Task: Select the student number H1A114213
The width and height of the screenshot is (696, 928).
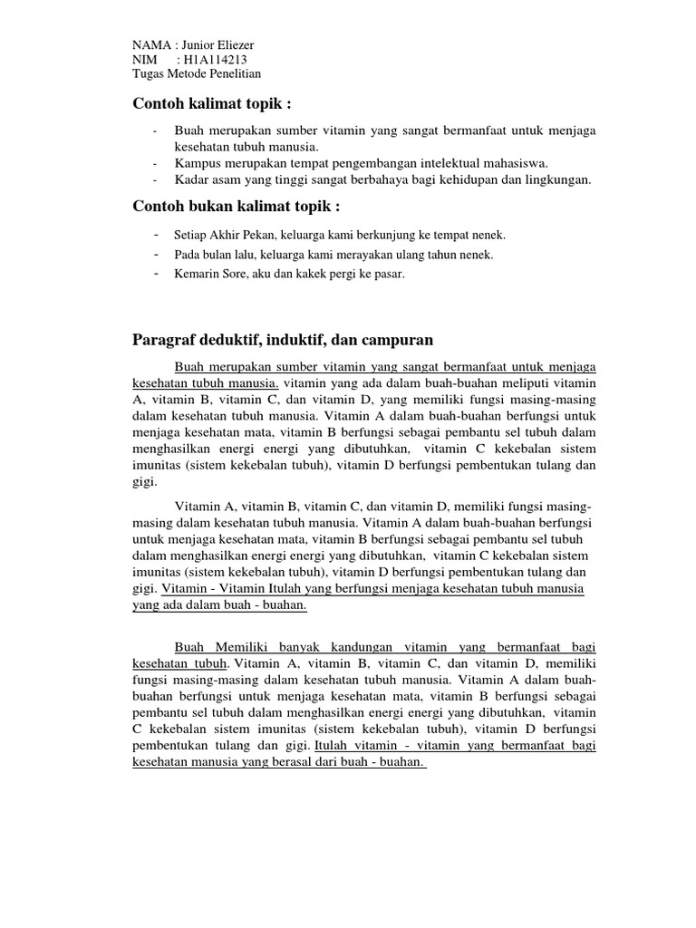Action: tap(217, 60)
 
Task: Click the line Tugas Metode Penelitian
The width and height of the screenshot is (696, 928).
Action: tap(197, 74)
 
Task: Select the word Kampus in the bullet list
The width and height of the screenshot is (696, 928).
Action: tap(196, 163)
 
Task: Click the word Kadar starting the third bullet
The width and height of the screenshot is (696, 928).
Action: tap(191, 179)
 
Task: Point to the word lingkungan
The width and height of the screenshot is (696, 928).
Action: tap(559, 179)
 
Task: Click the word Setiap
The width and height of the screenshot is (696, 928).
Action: tap(192, 235)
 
